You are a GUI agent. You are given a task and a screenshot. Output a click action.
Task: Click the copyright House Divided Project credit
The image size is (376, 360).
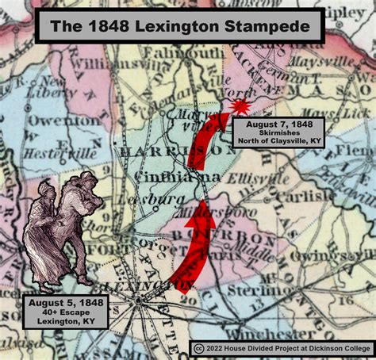(282, 348)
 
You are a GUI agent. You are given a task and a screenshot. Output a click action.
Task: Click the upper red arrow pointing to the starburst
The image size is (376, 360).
(208, 140)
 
